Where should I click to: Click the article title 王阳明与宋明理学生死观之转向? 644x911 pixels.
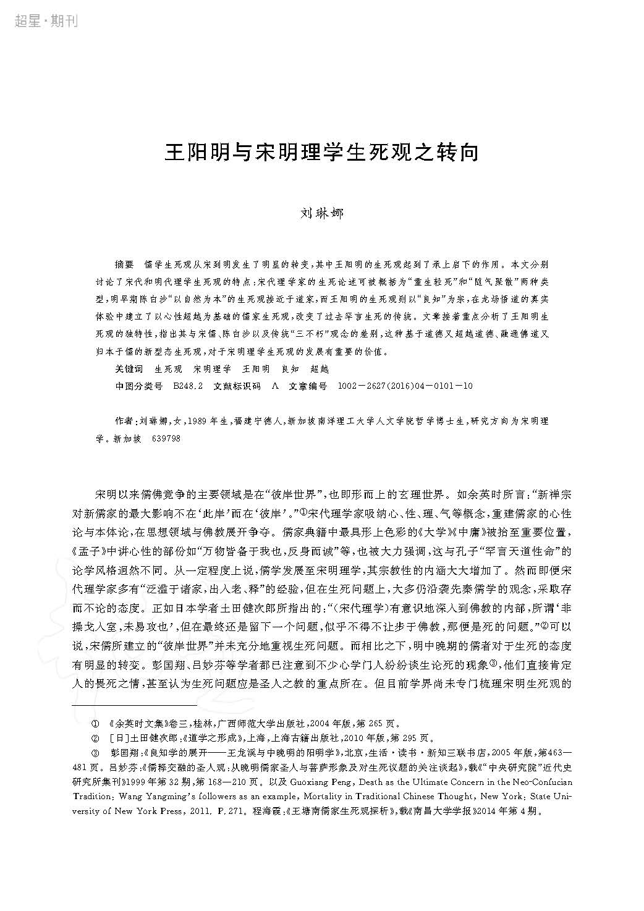321,153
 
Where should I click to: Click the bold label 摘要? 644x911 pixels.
124,264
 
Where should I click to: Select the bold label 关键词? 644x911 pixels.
129,369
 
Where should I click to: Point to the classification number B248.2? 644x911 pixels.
189,386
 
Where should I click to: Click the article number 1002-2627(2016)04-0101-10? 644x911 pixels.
405,386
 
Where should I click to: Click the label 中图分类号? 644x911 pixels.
139,386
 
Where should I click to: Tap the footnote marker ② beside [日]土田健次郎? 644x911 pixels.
95,737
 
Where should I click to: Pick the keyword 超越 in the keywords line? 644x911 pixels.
319,369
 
